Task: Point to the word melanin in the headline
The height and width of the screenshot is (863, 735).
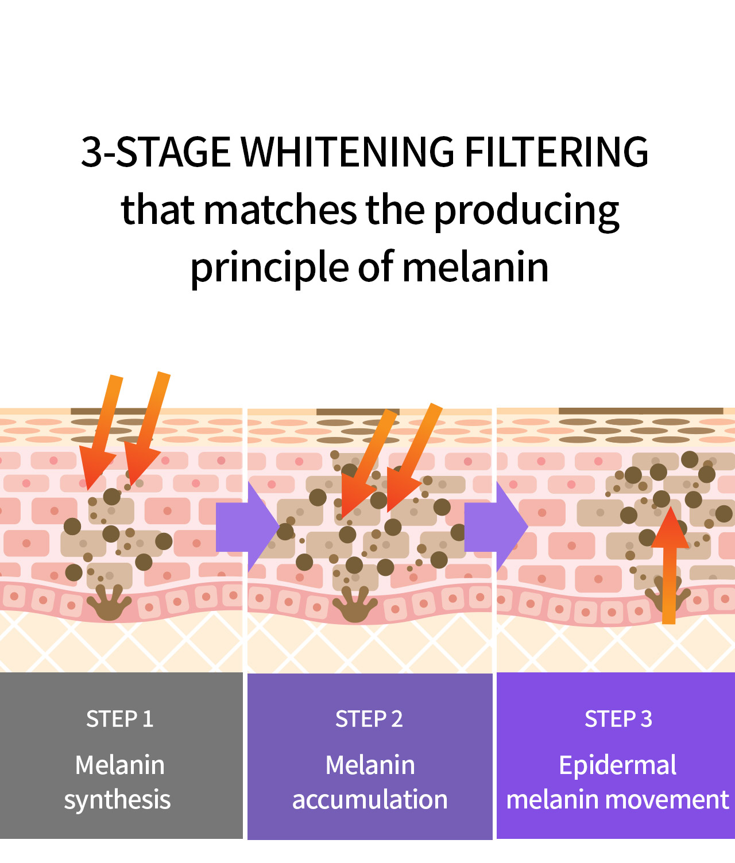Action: click(475, 267)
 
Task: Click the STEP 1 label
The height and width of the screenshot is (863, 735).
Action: click(120, 719)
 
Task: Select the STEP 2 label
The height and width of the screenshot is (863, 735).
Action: click(369, 719)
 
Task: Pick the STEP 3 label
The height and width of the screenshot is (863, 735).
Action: click(618, 719)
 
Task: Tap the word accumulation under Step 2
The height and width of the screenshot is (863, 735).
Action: click(370, 799)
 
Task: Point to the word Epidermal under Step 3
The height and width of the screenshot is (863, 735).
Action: click(618, 767)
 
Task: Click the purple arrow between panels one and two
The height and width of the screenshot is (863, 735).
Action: click(247, 527)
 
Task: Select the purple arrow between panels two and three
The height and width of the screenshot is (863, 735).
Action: click(496, 527)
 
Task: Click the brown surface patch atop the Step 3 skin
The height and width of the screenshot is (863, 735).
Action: click(641, 411)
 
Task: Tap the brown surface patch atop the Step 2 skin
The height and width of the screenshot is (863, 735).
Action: click(358, 412)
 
